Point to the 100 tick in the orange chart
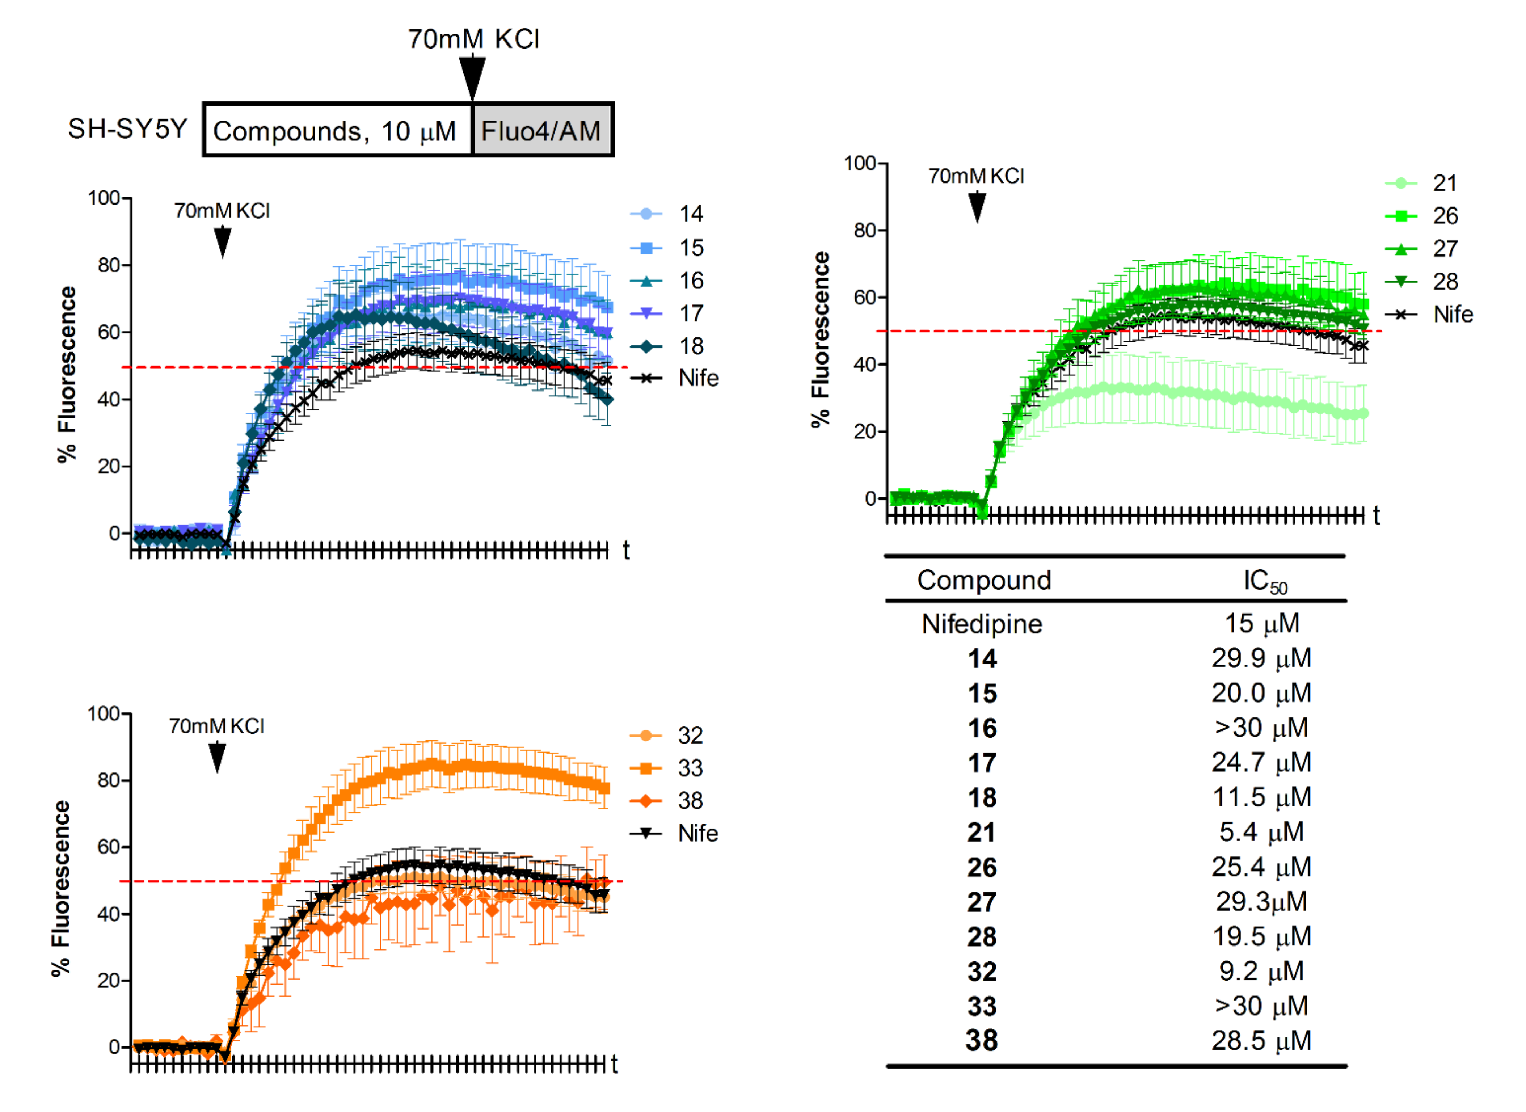(104, 713)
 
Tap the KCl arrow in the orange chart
(217, 757)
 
